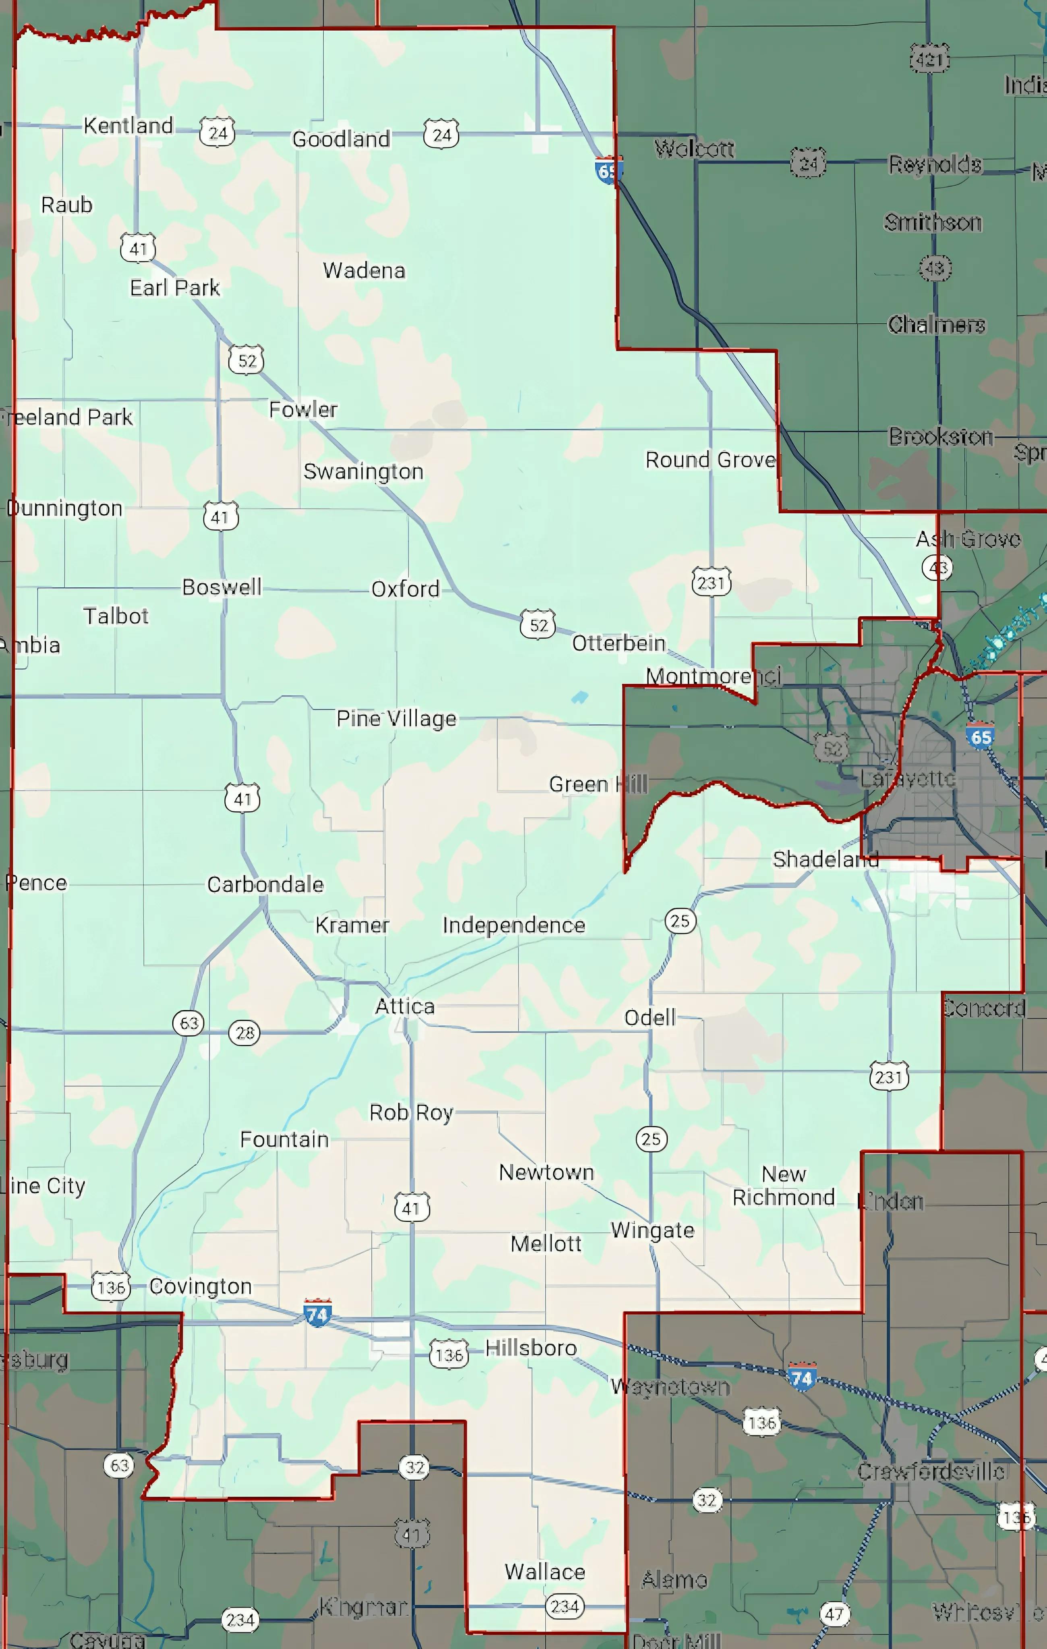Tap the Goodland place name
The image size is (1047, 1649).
pyautogui.click(x=341, y=139)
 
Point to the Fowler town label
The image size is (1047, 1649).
pyautogui.click(x=303, y=409)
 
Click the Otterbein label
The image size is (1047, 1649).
pyautogui.click(x=619, y=643)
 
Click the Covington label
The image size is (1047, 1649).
pyautogui.click(x=200, y=1286)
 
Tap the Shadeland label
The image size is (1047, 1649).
pyautogui.click(x=825, y=859)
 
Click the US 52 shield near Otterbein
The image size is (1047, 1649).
pyautogui.click(x=538, y=624)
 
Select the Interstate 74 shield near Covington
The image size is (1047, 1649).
pyautogui.click(x=317, y=1313)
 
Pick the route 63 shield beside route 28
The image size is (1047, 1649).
pyautogui.click(x=188, y=1023)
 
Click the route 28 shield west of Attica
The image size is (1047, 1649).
pyautogui.click(x=244, y=1032)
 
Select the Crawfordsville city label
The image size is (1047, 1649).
pyautogui.click(x=931, y=1471)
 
